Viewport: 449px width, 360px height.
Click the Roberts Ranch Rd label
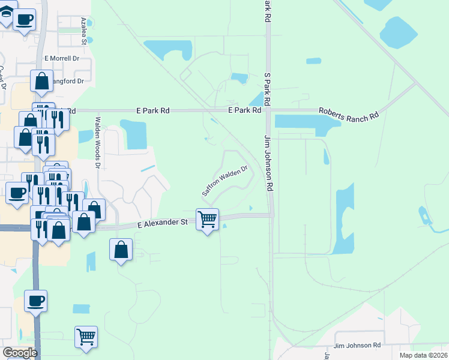pos(348,114)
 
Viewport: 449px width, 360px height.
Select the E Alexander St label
pos(163,224)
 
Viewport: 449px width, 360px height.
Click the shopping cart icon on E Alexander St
pos(207,220)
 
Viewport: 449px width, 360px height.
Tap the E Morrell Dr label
pos(62,59)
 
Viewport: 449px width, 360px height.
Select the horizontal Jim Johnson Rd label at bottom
pos(357,345)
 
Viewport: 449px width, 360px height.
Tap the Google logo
pos(20,353)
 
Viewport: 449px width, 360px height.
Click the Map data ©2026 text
pos(423,355)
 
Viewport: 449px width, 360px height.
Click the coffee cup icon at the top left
pos(24,19)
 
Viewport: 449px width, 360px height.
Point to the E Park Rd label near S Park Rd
pos(244,110)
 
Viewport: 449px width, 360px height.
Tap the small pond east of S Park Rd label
pos(313,61)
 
